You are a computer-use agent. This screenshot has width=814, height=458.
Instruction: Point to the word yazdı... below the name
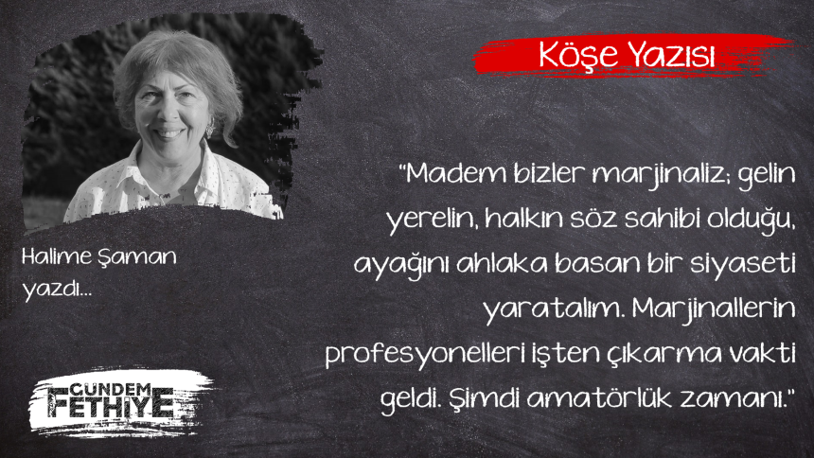(57, 290)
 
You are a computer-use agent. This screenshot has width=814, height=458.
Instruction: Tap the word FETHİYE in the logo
(111, 406)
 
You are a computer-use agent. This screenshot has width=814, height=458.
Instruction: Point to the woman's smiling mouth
(168, 132)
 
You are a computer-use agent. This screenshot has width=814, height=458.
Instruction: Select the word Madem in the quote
(454, 173)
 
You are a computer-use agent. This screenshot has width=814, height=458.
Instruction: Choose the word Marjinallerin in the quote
(714, 310)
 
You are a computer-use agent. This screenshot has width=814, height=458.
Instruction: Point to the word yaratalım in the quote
(554, 310)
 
